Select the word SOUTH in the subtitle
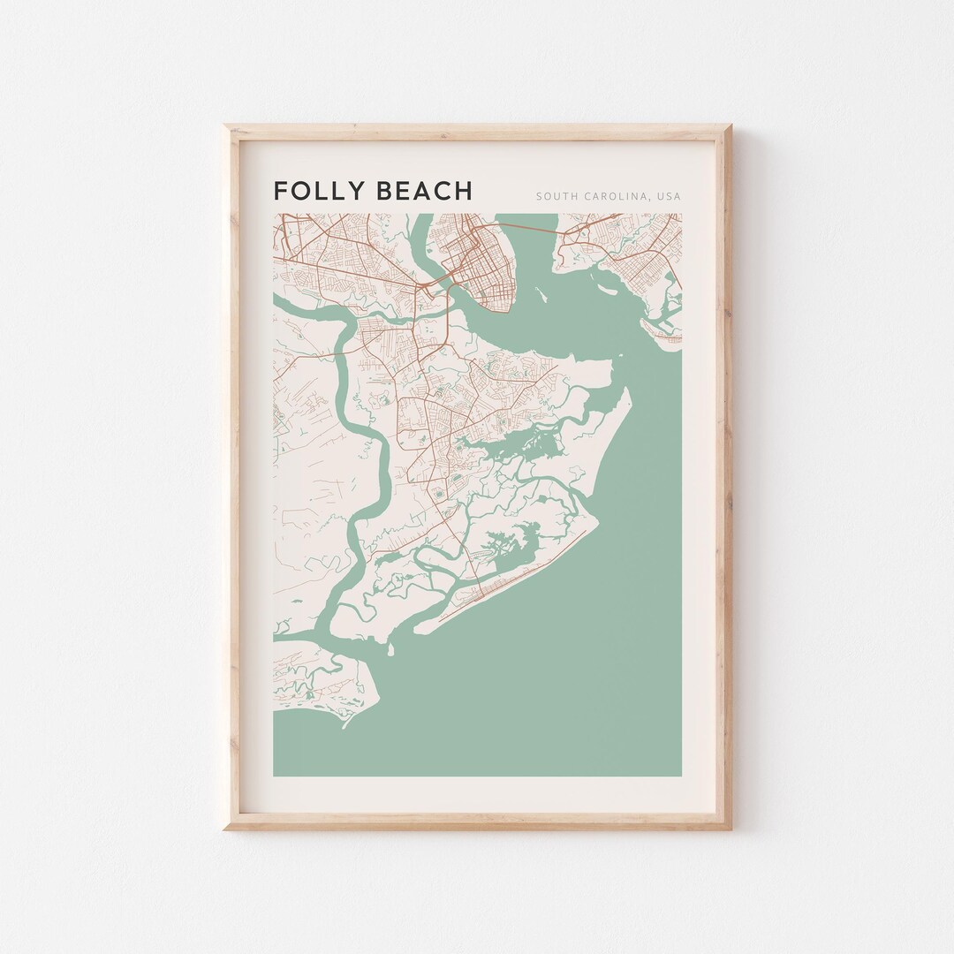(x=555, y=196)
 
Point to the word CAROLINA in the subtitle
(x=617, y=196)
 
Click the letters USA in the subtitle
(x=669, y=196)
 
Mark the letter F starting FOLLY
(x=280, y=191)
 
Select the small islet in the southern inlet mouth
(x=389, y=651)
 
